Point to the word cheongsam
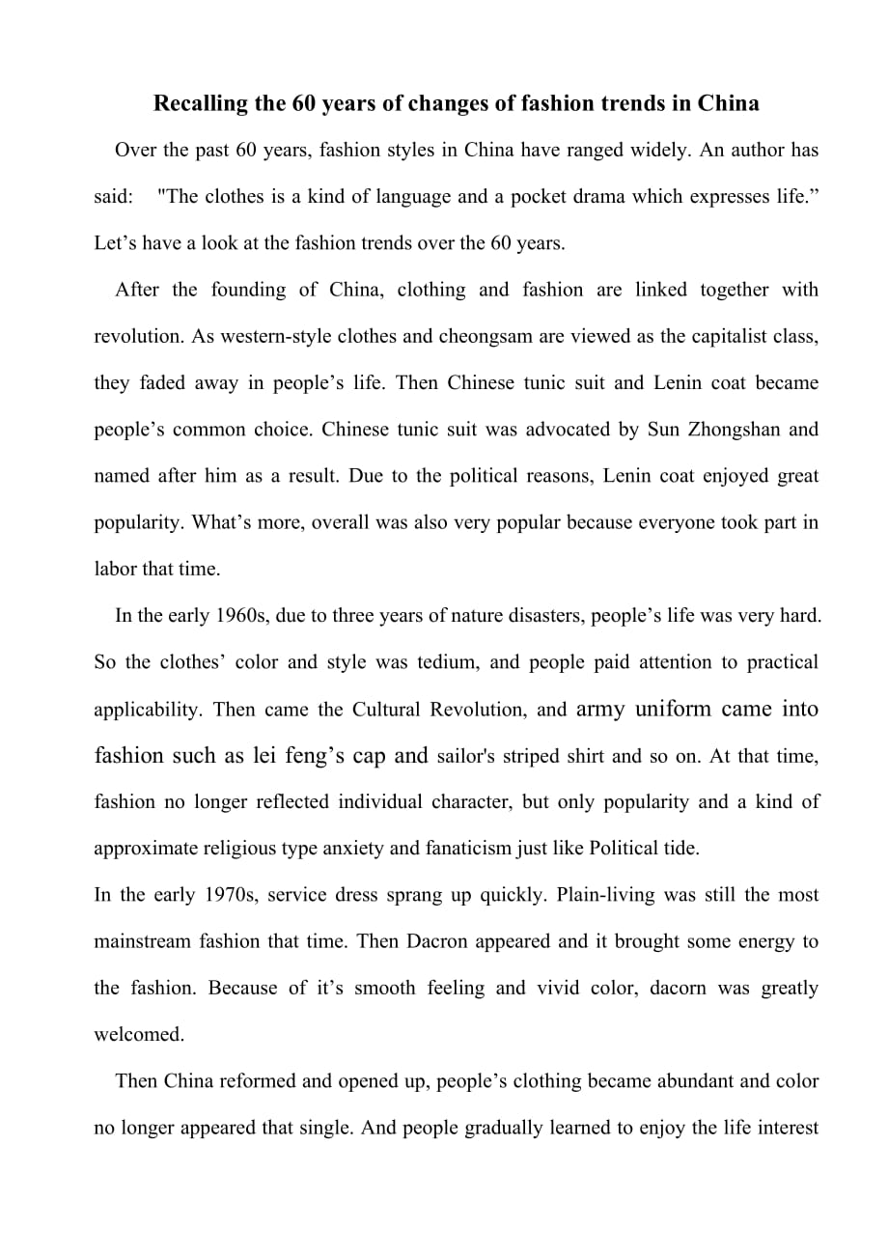point(488,336)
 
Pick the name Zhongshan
point(731,429)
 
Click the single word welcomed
point(138,1034)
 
